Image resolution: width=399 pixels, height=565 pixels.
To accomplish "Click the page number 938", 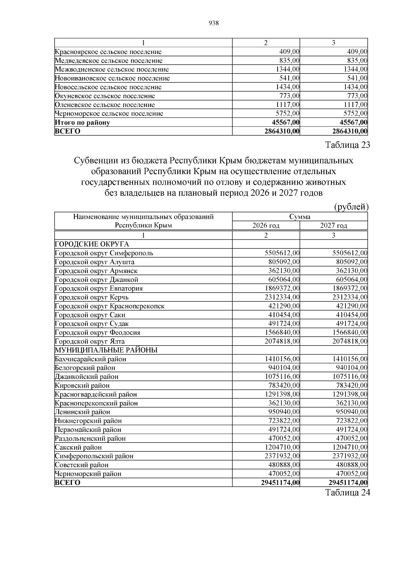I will (213, 23).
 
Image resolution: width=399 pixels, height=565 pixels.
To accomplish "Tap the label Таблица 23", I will (347, 145).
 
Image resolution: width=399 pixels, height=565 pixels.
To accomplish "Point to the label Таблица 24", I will (347, 493).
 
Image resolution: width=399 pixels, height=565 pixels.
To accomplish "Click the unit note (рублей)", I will (351, 207).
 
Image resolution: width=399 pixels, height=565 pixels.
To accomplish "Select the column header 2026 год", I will (266, 226).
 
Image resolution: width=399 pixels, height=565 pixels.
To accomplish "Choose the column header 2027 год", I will (333, 226).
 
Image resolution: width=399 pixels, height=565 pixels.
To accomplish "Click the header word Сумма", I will (300, 217).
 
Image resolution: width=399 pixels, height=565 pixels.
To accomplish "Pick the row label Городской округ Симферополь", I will (104, 253).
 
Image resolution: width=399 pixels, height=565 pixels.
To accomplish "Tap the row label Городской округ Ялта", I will (90, 341).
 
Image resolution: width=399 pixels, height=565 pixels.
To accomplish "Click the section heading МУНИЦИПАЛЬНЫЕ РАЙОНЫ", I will (106, 350).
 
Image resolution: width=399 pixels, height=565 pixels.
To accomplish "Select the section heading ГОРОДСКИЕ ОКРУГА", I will (92, 244).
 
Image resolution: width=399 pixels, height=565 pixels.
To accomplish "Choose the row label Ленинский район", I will (82, 412).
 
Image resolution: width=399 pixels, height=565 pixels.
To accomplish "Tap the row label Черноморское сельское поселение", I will (109, 114).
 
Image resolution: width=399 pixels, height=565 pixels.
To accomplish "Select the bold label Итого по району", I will (82, 123).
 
